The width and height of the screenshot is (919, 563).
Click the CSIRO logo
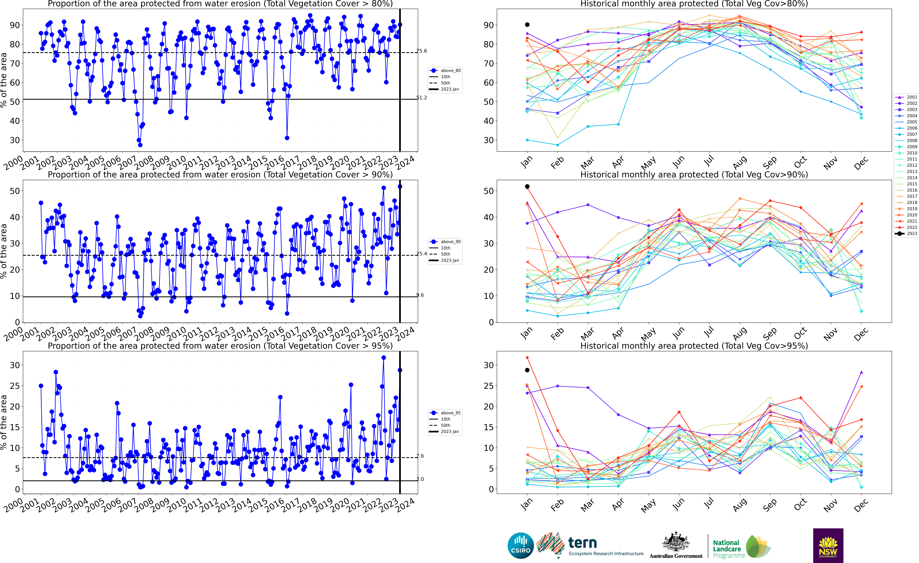tap(521, 545)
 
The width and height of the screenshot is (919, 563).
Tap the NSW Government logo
tap(828, 545)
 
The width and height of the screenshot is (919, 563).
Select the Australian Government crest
tap(676, 542)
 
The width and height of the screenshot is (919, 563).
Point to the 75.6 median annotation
tap(421, 51)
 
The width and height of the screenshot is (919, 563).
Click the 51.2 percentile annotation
tap(421, 97)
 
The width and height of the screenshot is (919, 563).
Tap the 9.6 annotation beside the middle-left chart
tap(420, 295)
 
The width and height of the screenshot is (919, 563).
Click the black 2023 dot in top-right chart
tap(527, 25)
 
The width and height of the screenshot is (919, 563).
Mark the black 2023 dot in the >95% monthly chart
tap(527, 370)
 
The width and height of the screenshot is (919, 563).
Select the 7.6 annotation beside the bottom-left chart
tap(420, 456)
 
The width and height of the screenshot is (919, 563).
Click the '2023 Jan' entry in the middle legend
tap(449, 260)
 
